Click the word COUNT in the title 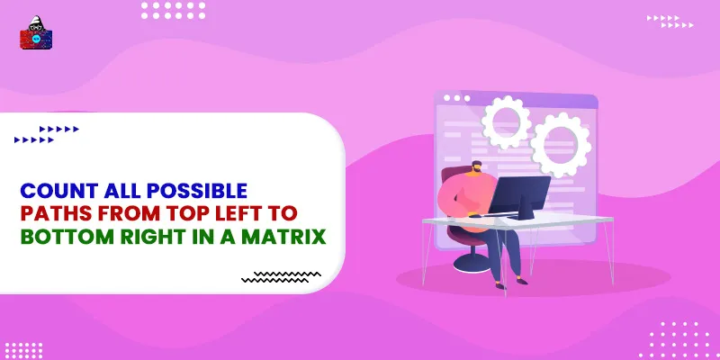point(57,191)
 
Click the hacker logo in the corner point(36,37)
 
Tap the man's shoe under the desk point(499,284)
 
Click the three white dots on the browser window point(456,98)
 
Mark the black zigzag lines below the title point(281,276)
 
